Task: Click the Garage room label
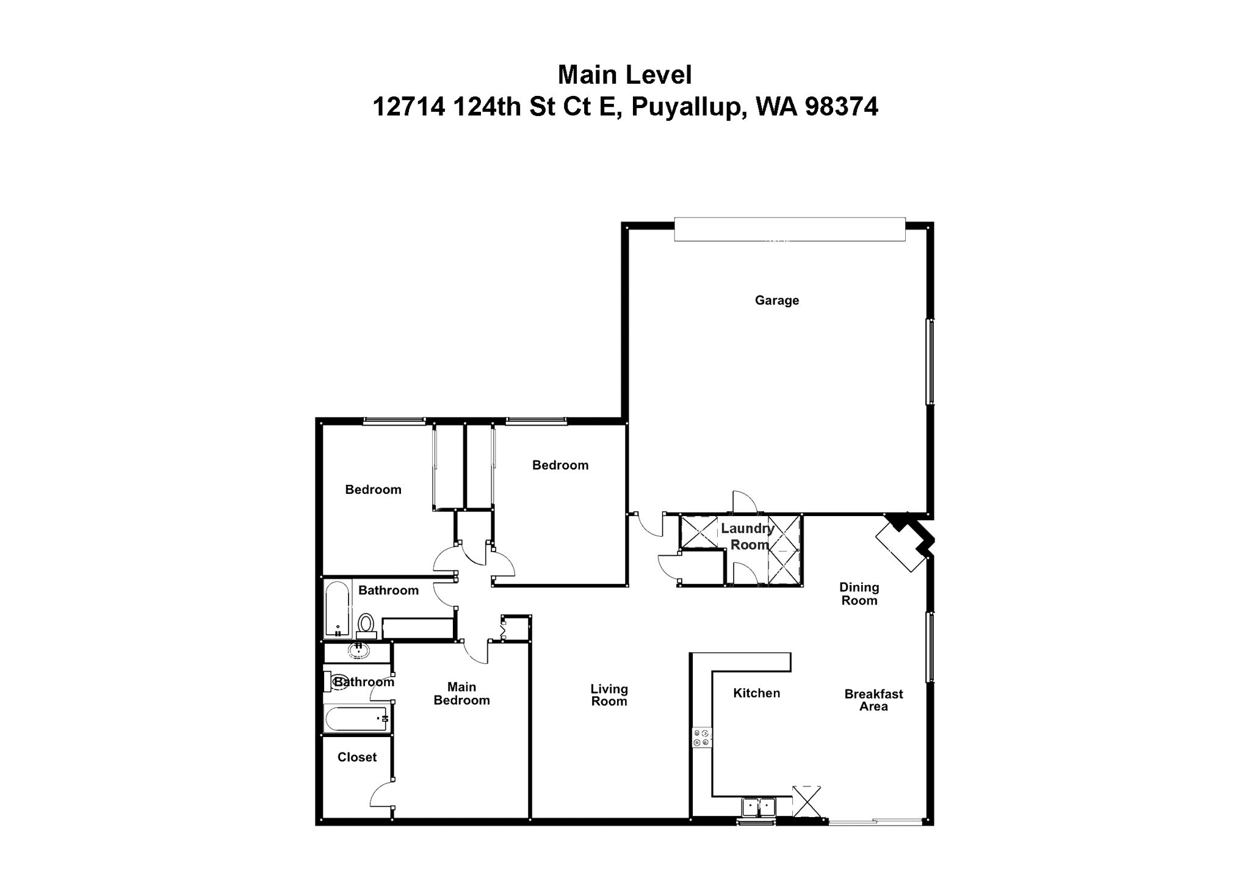(776, 300)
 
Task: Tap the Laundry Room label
(748, 537)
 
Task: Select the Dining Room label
(859, 594)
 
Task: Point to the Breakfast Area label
(873, 700)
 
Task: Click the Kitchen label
(756, 693)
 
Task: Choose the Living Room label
(609, 695)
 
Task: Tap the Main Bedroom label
(461, 694)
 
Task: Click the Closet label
(357, 757)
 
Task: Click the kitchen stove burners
(701, 738)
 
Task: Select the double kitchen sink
(758, 807)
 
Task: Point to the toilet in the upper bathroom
(366, 624)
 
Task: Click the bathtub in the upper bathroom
(336, 608)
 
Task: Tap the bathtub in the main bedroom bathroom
(356, 719)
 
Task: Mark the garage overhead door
(789, 230)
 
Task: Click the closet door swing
(381, 794)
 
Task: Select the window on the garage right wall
(930, 361)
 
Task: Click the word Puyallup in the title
(688, 107)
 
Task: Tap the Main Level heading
(624, 75)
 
